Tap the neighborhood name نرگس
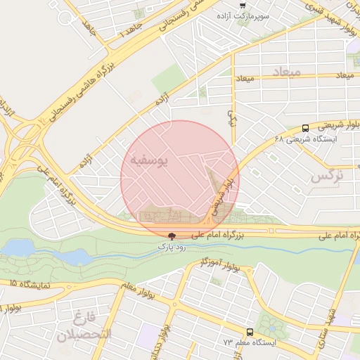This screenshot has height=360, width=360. point(327,176)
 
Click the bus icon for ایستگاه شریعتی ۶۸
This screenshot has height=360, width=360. point(305,129)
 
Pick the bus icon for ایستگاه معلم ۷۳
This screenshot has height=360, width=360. point(250,331)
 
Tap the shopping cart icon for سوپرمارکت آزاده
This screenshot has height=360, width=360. point(243,6)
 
